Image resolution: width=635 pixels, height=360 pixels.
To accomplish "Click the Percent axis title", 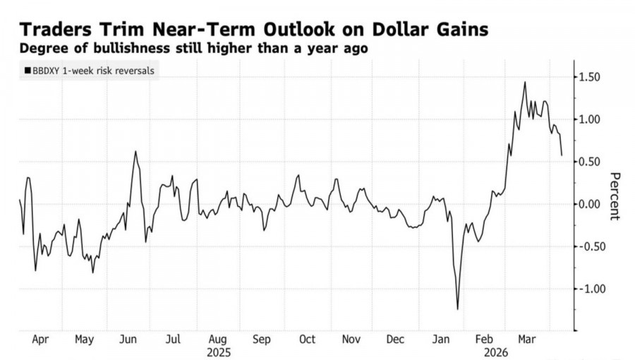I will [x=615, y=196].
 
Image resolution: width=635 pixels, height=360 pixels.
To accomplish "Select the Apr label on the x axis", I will [x=41, y=339].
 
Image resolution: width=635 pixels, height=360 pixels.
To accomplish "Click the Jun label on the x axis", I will [x=128, y=339].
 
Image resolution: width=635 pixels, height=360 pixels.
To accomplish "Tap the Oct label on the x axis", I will [x=307, y=339].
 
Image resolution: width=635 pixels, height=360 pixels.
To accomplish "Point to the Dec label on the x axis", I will [x=396, y=339].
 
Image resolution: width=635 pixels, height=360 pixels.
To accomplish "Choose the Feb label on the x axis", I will [x=485, y=339].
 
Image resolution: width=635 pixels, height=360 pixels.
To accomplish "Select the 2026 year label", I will [x=485, y=351].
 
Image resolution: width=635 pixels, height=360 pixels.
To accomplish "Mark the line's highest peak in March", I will [x=525, y=82].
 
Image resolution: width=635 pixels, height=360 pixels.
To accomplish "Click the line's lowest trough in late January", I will [x=457, y=308].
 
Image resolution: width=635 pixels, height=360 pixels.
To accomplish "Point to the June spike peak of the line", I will [x=135, y=151].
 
